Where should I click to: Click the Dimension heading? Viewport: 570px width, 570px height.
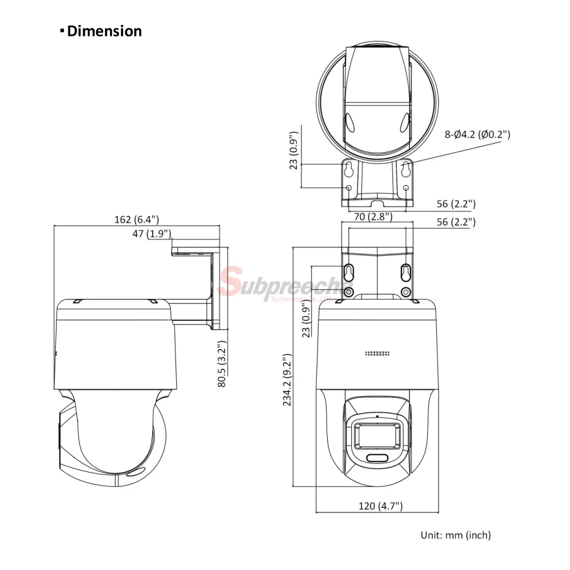101,31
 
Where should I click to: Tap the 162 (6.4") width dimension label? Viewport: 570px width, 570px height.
137,219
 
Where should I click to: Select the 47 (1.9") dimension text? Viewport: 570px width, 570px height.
152,233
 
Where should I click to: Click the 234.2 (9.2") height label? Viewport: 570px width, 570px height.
287,380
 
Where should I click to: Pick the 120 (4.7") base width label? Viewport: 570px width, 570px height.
381,506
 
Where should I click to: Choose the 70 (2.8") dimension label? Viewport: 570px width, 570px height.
373,217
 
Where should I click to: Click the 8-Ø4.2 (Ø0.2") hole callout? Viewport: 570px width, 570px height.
477,135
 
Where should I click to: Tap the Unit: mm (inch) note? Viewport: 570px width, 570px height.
455,535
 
